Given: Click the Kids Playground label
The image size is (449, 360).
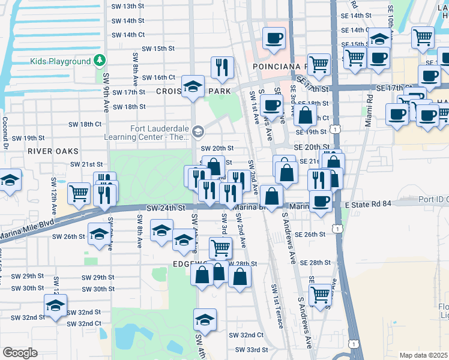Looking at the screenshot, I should coord(61,61).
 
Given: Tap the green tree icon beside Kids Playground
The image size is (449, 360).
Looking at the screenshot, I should coord(99,61).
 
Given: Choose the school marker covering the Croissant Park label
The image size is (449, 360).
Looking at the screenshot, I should coord(193,88).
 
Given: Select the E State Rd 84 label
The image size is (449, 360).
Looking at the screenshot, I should coord(369,205).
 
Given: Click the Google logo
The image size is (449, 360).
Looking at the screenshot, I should coord(20,352).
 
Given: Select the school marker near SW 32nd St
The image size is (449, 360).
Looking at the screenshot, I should coord(55,306).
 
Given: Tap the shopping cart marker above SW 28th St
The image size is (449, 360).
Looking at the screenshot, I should coord(220,247).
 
